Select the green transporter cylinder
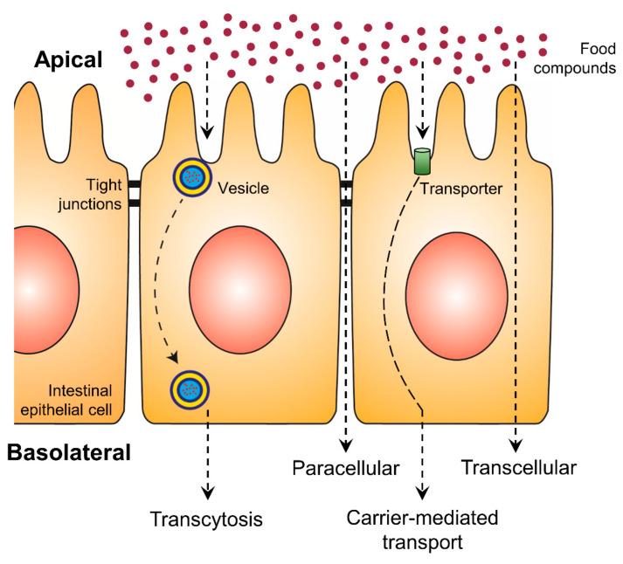click(x=423, y=162)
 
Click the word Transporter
click(x=458, y=187)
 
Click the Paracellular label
click(x=345, y=468)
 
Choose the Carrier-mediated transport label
click(x=422, y=529)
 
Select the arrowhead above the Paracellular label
click(x=346, y=442)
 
